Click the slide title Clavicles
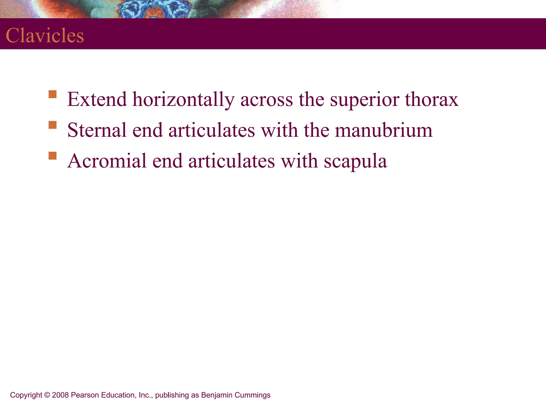coord(45,36)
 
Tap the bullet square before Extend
coord(53,94)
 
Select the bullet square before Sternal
coord(53,125)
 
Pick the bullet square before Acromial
coord(53,156)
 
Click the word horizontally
coord(183,100)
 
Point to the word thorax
coord(432,100)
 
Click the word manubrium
coord(384,130)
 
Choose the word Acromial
coord(107,161)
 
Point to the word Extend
coord(97,100)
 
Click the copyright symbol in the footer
coord(47,395)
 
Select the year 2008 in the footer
coord(61,395)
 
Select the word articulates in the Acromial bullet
coord(231,161)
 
